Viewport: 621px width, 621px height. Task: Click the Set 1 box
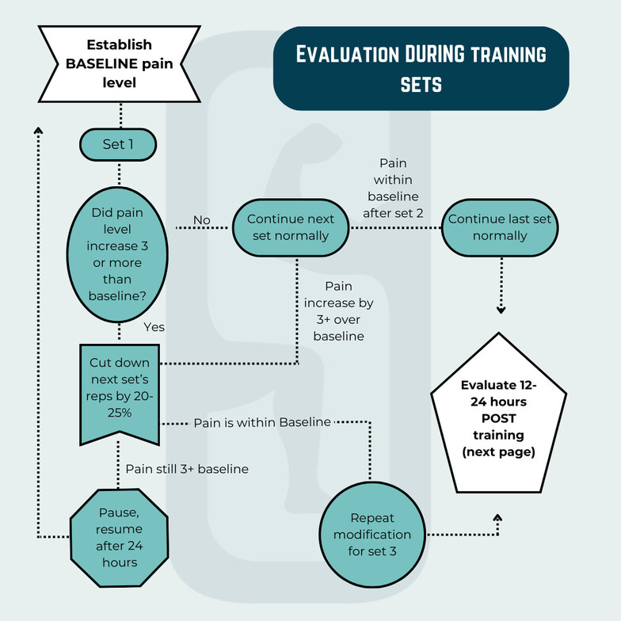pyautogui.click(x=119, y=144)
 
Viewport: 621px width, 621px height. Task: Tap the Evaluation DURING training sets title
pyautogui.click(x=421, y=68)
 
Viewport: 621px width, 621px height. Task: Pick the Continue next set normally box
pyautogui.click(x=291, y=227)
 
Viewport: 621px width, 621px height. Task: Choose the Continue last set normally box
pyautogui.click(x=500, y=227)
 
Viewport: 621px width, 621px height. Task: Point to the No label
pyautogui.click(x=201, y=219)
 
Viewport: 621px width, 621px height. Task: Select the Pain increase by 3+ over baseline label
pyautogui.click(x=338, y=310)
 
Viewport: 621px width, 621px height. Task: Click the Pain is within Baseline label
pyautogui.click(x=262, y=422)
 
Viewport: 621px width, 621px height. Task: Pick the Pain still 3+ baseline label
pyautogui.click(x=187, y=469)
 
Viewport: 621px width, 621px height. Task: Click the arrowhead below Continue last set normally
pyautogui.click(x=501, y=310)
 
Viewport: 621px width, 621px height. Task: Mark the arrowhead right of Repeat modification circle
pyautogui.click(x=497, y=516)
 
